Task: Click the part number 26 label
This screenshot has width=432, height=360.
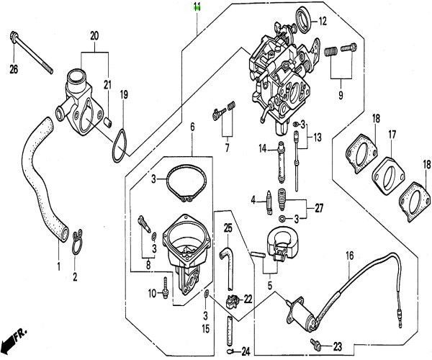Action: point(13,69)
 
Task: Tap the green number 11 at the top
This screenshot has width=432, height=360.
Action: point(197,8)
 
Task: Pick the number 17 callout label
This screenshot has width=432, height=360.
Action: point(392,135)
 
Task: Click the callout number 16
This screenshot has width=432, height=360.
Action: point(349,255)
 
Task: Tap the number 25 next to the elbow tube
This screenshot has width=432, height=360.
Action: point(228,228)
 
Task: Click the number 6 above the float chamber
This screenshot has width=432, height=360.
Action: point(192,127)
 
